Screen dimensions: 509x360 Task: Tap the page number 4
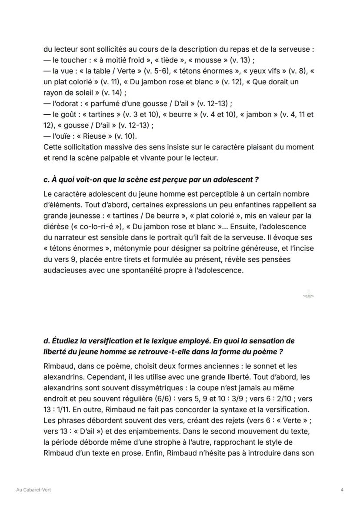click(x=342, y=490)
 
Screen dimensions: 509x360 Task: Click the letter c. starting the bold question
click(x=47, y=180)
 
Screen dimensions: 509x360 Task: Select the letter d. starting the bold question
click(x=47, y=342)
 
